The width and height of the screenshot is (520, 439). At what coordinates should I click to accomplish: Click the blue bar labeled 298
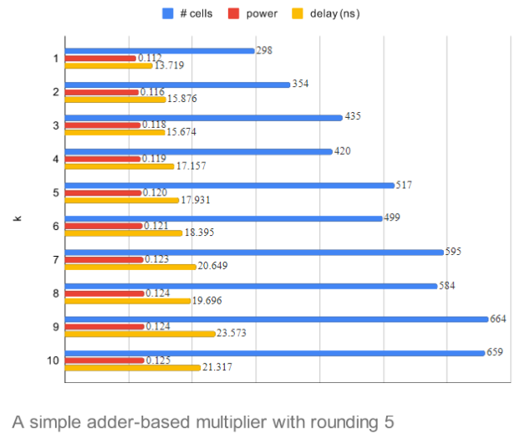(159, 50)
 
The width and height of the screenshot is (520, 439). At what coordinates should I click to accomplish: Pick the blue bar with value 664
(276, 319)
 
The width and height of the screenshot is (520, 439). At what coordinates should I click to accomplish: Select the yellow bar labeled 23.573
(140, 333)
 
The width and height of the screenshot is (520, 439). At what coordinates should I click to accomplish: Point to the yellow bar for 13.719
(109, 65)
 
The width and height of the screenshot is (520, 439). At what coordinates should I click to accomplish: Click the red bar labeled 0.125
(105, 360)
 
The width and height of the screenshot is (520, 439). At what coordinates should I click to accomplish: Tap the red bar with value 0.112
(100, 58)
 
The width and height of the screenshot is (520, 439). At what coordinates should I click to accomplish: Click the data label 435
(353, 116)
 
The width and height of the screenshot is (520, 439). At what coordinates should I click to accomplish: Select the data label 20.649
(212, 266)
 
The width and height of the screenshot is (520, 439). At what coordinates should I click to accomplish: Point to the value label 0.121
(156, 225)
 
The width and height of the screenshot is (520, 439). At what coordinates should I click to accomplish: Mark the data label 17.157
(191, 166)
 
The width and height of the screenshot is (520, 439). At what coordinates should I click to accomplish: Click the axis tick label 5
(56, 192)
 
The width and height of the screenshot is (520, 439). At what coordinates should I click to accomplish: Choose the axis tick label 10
(54, 360)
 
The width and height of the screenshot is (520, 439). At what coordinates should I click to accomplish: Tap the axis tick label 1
(56, 58)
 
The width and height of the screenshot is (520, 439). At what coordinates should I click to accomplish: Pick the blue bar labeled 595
(254, 252)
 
